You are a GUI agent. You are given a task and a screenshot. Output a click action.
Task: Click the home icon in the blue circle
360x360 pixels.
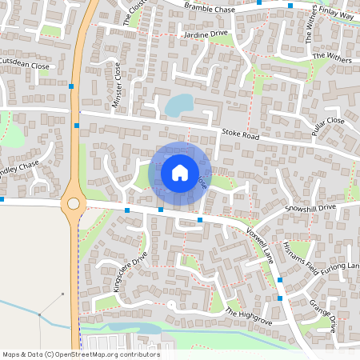click(x=179, y=173)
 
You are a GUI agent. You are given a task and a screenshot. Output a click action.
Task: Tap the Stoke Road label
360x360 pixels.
click(x=240, y=137)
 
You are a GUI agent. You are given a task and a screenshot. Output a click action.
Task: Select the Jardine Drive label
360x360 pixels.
click(x=206, y=35)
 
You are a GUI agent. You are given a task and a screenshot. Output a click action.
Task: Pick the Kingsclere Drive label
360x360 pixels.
click(x=131, y=273)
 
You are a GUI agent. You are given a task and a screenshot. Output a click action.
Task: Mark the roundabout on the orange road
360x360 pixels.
click(x=74, y=203)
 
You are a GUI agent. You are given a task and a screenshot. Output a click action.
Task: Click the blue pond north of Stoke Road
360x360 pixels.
click(x=179, y=104)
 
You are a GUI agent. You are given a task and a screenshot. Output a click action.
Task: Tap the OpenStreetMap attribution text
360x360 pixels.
click(x=80, y=354)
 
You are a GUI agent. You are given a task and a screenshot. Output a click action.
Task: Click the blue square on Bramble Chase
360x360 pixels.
click(x=260, y=2)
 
